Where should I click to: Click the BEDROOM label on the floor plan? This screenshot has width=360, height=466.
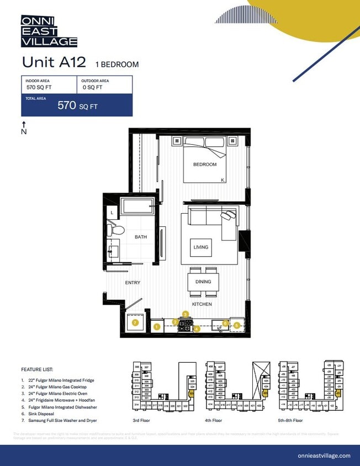click(204, 165)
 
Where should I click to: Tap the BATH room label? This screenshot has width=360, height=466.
click(141, 237)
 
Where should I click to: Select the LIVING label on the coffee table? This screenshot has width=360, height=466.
click(201, 247)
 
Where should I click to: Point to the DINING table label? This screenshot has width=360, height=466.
click(203, 282)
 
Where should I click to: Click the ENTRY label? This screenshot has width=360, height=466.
click(133, 283)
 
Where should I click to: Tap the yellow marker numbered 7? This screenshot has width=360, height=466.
click(135, 322)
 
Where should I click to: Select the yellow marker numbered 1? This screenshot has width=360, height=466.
click(157, 327)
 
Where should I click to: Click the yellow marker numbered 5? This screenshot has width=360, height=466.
click(237, 325)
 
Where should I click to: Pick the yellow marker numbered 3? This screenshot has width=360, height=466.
click(186, 314)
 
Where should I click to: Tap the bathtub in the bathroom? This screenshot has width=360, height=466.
click(139, 206)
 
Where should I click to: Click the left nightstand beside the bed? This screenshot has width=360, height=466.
click(177, 140)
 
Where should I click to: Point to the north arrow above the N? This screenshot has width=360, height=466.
click(24, 124)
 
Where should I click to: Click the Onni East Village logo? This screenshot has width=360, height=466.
click(49, 31)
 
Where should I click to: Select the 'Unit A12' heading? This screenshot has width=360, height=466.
click(54, 62)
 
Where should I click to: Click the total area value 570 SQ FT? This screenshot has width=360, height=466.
click(77, 106)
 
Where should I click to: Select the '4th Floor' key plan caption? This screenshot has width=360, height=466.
click(216, 421)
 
